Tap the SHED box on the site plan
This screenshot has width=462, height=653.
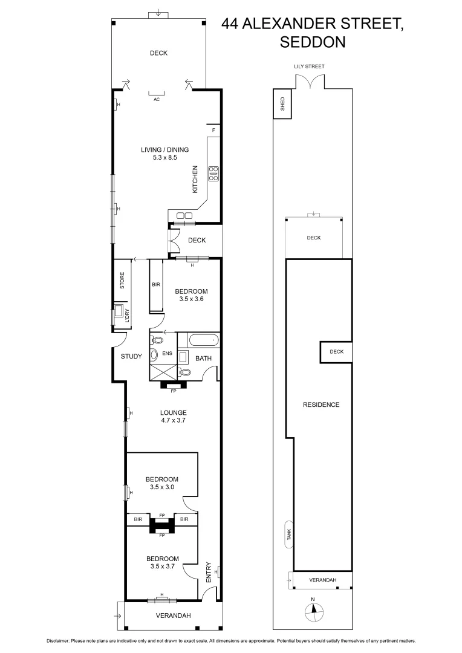point(281,105)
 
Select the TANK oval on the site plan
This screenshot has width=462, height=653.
point(289,534)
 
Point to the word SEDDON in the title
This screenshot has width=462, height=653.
point(312,42)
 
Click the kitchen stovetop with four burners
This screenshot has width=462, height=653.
point(213,174)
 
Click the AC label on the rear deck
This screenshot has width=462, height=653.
point(157,99)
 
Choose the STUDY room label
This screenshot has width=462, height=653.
point(131,356)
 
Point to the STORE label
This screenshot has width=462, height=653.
point(122,281)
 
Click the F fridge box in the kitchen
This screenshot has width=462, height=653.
point(213,131)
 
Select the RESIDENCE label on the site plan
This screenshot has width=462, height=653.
point(321,405)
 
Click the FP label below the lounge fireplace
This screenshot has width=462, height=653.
point(173,391)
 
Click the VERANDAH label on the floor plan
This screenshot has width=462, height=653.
point(174,616)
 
